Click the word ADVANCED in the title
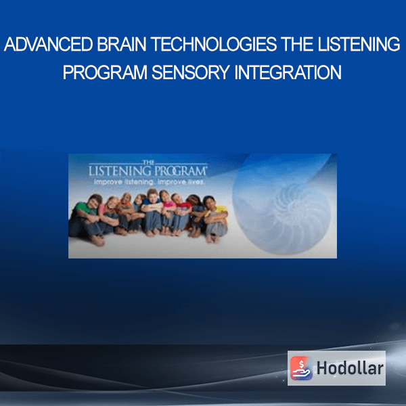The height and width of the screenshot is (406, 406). click(x=49, y=44)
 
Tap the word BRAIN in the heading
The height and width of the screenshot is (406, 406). click(x=122, y=44)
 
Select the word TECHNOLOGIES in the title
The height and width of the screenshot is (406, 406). click(x=214, y=44)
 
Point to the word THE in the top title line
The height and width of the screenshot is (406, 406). click(x=297, y=44)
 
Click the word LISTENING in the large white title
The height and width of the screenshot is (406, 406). click(x=359, y=44)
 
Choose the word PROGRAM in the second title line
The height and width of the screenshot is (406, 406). click(x=105, y=72)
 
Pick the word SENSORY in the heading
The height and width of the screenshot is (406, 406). click(x=191, y=72)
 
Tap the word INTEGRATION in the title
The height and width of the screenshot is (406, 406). click(x=288, y=72)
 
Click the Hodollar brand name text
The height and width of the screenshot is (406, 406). click(x=350, y=368)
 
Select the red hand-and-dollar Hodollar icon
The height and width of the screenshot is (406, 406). click(x=301, y=368)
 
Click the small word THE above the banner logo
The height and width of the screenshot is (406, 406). click(x=148, y=162)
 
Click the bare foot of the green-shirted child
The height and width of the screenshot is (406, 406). click(x=97, y=241)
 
